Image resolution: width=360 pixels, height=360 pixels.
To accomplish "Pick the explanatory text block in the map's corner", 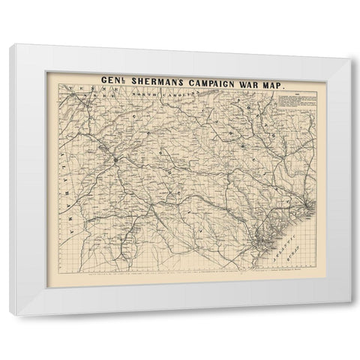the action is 283,95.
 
